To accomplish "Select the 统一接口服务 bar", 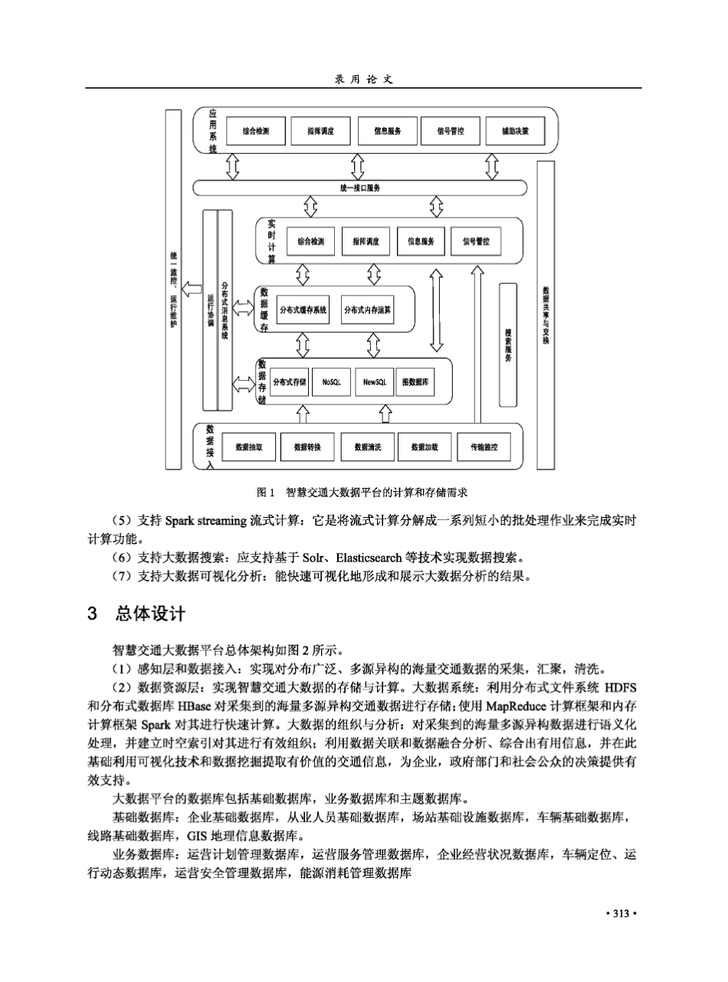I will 359,188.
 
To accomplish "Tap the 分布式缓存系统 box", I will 303,310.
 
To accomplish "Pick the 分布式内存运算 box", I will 368,310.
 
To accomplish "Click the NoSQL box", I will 331,381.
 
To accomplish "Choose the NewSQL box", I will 374,381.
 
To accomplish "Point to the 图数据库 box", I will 415,381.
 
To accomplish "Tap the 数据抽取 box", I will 248,447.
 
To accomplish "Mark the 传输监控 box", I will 484,447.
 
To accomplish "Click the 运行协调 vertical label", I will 210,310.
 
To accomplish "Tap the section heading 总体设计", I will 149,614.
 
